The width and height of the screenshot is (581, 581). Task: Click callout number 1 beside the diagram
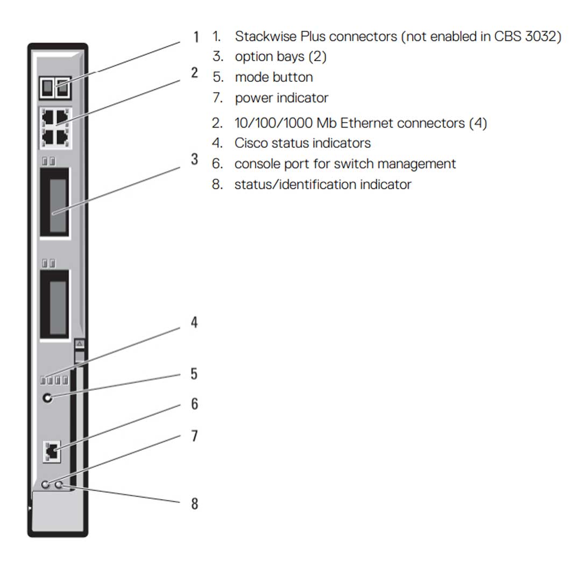(x=196, y=37)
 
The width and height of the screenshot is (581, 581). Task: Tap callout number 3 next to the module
(x=194, y=159)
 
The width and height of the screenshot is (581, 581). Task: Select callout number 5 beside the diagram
(x=194, y=374)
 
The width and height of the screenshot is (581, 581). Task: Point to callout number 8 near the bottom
(x=194, y=504)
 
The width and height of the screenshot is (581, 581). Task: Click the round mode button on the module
(x=48, y=398)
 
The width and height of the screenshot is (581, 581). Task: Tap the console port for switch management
(x=52, y=451)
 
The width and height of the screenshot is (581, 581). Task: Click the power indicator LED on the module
(x=46, y=485)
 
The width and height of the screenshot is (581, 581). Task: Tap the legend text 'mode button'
(x=274, y=77)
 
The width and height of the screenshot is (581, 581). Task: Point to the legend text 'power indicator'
(x=281, y=98)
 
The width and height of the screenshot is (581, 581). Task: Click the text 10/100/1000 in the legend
(x=273, y=123)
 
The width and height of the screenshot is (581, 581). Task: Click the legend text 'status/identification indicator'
(x=323, y=185)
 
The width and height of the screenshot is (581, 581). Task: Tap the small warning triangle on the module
(x=80, y=343)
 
